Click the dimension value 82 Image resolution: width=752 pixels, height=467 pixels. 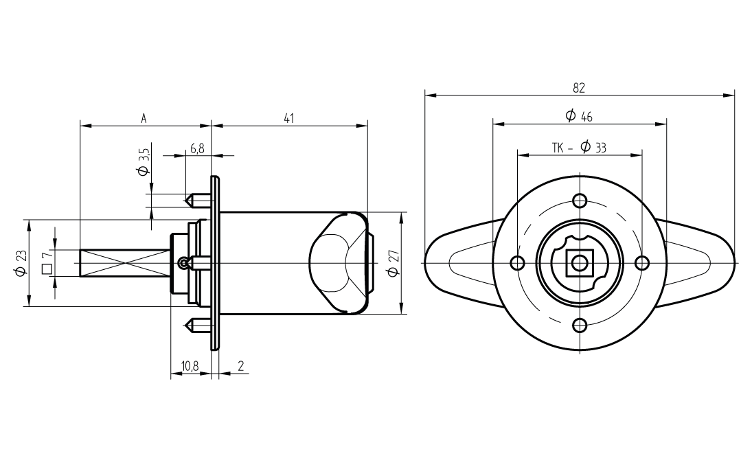(x=579, y=87)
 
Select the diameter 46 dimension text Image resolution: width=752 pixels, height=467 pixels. (x=579, y=116)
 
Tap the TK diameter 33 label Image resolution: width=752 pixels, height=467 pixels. (x=579, y=148)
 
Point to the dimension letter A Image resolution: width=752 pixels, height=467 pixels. (x=144, y=118)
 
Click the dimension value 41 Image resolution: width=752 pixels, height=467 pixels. (x=289, y=118)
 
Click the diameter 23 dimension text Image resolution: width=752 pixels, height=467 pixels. (x=21, y=263)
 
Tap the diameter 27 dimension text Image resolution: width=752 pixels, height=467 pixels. (x=392, y=264)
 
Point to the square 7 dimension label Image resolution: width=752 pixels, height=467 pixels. (x=47, y=262)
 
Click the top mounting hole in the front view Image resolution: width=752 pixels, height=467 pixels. (x=580, y=201)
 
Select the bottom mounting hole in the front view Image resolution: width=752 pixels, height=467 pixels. (x=580, y=326)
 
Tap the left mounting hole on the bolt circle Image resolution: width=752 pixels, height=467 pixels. (x=517, y=263)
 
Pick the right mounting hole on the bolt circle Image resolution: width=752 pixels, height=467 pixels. (x=642, y=263)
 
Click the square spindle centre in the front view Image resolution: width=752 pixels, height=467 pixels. (x=580, y=263)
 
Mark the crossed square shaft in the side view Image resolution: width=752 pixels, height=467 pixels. (x=124, y=263)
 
